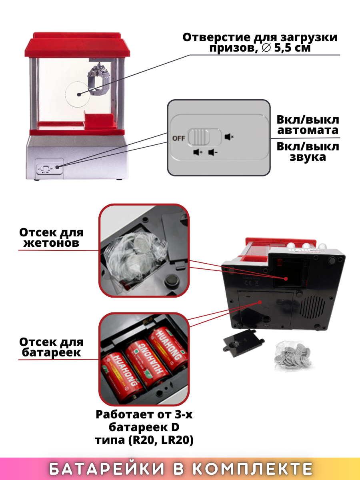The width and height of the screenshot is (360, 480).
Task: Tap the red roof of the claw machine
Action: (77, 46)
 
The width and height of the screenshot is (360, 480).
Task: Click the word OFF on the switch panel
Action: (178, 138)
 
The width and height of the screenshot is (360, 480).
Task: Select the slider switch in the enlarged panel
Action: (204, 137)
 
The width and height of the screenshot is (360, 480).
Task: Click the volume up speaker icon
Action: (198, 152)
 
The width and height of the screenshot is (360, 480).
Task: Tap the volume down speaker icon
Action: (213, 152)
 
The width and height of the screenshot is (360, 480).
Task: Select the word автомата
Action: (308, 130)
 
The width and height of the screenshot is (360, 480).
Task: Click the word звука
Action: (308, 157)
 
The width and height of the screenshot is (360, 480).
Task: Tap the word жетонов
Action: (51, 243)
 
